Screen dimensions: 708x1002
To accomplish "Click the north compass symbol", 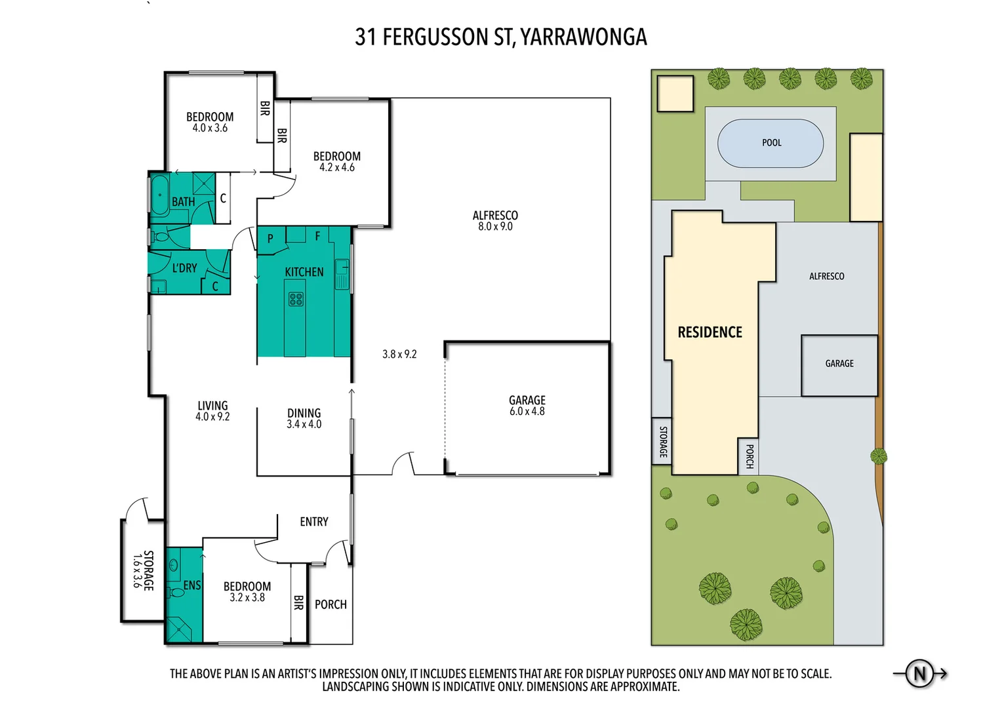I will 919,673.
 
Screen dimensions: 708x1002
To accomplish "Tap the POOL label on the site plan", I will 771,143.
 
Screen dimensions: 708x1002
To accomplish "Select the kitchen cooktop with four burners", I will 296,300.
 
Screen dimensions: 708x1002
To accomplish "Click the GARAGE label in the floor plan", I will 527,400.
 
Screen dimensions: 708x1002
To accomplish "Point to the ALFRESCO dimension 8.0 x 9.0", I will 495,227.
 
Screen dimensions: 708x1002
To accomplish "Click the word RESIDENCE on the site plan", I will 710,332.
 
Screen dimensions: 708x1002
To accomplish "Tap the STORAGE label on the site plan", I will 662,441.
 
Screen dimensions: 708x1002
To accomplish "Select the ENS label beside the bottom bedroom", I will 191,585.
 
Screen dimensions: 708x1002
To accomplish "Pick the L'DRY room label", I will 184,268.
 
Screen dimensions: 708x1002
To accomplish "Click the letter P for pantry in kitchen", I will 270,239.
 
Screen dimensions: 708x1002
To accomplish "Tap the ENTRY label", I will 314,522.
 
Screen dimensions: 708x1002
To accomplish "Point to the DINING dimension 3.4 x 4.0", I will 304,425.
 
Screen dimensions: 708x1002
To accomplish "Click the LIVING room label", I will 212,406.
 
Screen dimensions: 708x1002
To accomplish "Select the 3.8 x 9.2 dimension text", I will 399,354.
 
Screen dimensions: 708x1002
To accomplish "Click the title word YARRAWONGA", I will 583,37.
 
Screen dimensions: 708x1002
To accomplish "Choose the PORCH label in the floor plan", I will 331,604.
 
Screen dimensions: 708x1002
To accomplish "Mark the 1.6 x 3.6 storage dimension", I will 137,570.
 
